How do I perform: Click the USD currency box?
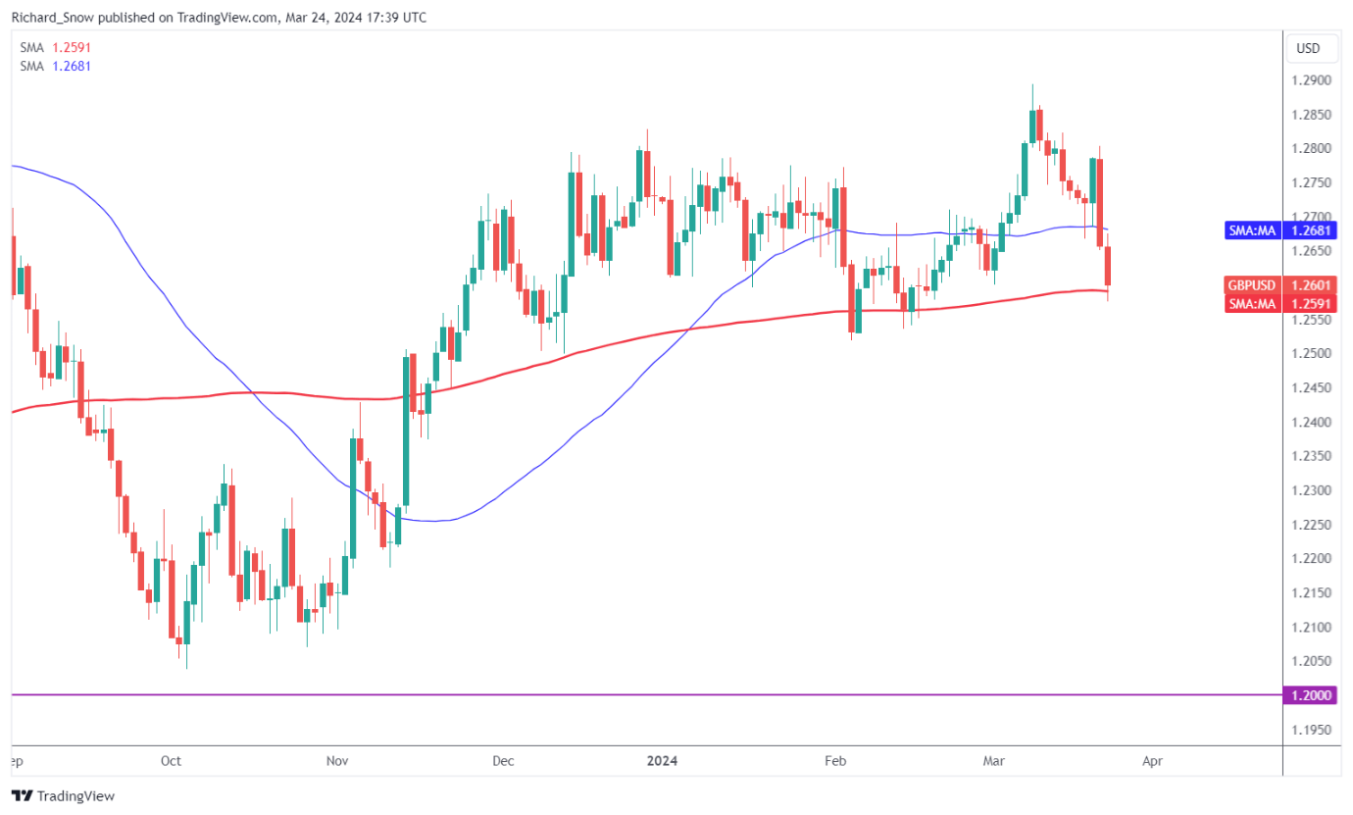tap(1308, 48)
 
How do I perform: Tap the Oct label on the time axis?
tap(171, 760)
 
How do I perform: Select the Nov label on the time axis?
tap(337, 760)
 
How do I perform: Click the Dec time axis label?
tap(503, 760)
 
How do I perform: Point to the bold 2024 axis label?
tap(663, 760)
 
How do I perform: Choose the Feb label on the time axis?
tap(835, 760)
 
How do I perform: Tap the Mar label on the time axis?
tap(989, 760)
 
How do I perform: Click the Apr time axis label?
tap(1154, 760)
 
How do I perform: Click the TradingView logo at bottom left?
tap(63, 796)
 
